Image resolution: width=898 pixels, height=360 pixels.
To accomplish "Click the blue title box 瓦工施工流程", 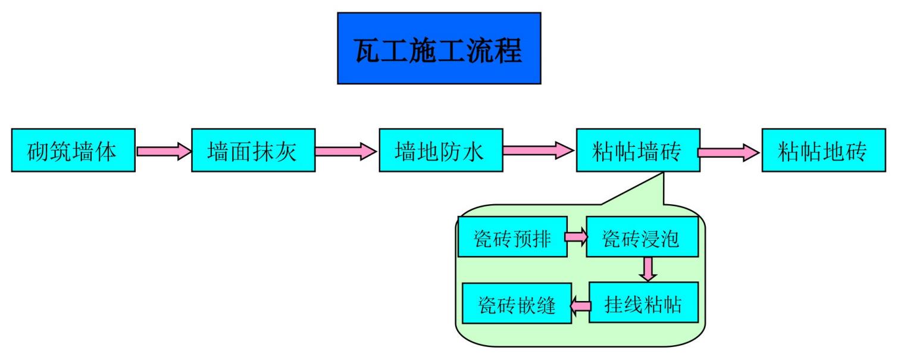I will tap(439, 48).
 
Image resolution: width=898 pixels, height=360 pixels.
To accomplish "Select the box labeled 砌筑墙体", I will tap(73, 151).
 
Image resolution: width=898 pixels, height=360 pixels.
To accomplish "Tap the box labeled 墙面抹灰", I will tap(253, 151).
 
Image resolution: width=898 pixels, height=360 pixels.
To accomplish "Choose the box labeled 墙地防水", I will tap(441, 151).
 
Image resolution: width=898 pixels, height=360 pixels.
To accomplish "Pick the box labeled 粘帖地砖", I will tap(823, 151).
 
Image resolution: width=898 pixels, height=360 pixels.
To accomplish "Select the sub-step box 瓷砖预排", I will tap(512, 237).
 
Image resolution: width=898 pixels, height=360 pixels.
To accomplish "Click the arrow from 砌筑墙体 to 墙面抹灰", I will tap(164, 151).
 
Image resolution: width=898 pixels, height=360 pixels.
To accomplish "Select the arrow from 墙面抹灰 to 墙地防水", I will tap(346, 151).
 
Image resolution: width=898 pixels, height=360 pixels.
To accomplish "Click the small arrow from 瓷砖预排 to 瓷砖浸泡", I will tap(576, 237).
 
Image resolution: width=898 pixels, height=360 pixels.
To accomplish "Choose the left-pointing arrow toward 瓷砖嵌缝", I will tap(581, 305).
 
